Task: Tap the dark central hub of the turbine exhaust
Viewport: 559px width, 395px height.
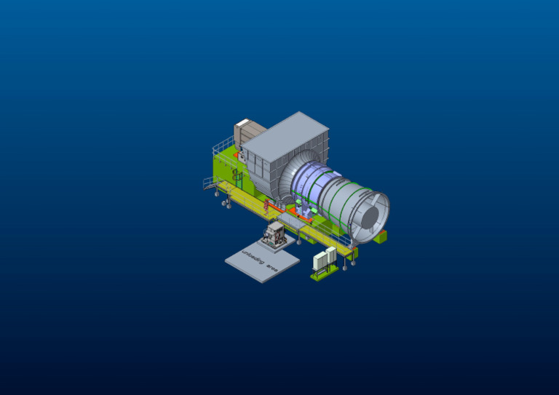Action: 370,216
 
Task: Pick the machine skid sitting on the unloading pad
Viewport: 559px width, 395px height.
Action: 274,234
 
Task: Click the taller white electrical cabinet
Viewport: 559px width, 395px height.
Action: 330,255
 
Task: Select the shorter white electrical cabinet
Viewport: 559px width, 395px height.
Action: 320,260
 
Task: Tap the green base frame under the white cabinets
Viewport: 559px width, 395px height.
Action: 323,273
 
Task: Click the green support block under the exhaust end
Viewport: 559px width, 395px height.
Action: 380,236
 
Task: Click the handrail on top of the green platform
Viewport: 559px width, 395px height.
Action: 222,145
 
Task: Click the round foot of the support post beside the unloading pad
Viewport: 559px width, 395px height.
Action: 299,242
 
